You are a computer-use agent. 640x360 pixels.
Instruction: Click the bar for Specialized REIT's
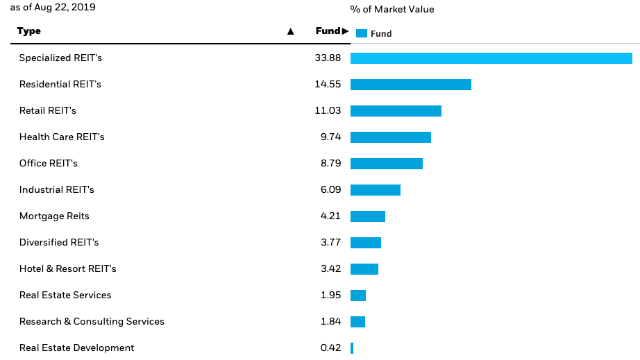pyautogui.click(x=491, y=58)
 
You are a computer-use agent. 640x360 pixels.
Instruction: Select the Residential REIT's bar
pyautogui.click(x=410, y=85)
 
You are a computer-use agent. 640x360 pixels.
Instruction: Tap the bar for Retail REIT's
pyautogui.click(x=396, y=111)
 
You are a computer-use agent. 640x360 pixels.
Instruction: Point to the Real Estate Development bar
pyautogui.click(x=352, y=348)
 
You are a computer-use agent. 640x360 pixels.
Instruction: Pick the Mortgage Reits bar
pyautogui.click(x=367, y=216)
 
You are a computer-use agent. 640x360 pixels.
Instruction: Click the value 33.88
pyautogui.click(x=328, y=58)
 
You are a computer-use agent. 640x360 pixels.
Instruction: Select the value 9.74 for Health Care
pyautogui.click(x=330, y=137)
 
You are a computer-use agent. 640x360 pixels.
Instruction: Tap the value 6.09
pyautogui.click(x=330, y=190)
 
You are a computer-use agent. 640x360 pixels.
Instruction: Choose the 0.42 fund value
pyautogui.click(x=330, y=348)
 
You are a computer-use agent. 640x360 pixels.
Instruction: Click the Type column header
pyautogui.click(x=29, y=31)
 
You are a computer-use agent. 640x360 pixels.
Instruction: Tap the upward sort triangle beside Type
pyautogui.click(x=290, y=32)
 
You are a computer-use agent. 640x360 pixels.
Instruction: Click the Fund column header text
pyautogui.click(x=328, y=31)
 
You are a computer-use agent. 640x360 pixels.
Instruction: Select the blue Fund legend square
pyautogui.click(x=361, y=33)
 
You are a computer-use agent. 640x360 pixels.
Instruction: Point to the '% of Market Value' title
pyautogui.click(x=391, y=10)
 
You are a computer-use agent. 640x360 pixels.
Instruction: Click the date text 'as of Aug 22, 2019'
pyautogui.click(x=53, y=8)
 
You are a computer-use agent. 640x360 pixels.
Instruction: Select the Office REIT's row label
pyautogui.click(x=49, y=164)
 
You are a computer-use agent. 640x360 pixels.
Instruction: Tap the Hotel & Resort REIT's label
pyautogui.click(x=68, y=269)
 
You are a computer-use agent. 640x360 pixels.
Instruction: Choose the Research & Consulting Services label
pyautogui.click(x=92, y=322)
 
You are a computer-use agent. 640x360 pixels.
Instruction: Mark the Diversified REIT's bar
pyautogui.click(x=366, y=243)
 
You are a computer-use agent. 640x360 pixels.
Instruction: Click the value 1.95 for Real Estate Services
pyautogui.click(x=330, y=295)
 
